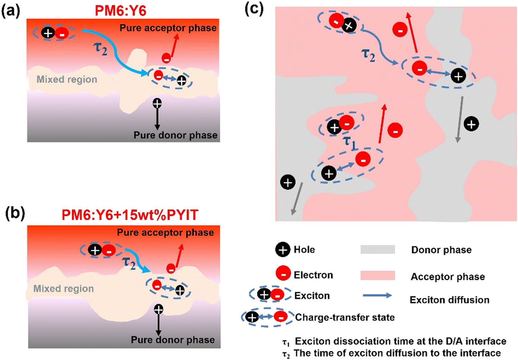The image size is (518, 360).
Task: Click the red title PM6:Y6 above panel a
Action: [121, 11]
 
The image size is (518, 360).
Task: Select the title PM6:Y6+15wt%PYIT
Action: [130, 215]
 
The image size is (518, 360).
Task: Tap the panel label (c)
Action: [254, 8]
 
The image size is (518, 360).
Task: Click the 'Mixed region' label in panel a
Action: [67, 79]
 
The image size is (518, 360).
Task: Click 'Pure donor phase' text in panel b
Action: [173, 340]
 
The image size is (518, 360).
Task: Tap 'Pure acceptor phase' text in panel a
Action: [168, 28]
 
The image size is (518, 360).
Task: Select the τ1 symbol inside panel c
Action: [349, 142]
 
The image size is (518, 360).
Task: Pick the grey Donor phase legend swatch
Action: [377, 250]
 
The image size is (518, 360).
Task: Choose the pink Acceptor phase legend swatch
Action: [377, 275]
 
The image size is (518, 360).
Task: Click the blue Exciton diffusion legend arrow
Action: [377, 295]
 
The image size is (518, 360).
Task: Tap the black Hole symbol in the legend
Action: [282, 250]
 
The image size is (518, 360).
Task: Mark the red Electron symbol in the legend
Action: [283, 274]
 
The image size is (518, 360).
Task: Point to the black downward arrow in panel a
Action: [157, 119]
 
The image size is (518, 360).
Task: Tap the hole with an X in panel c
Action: [349, 26]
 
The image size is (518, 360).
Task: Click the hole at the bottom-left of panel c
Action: [288, 182]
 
